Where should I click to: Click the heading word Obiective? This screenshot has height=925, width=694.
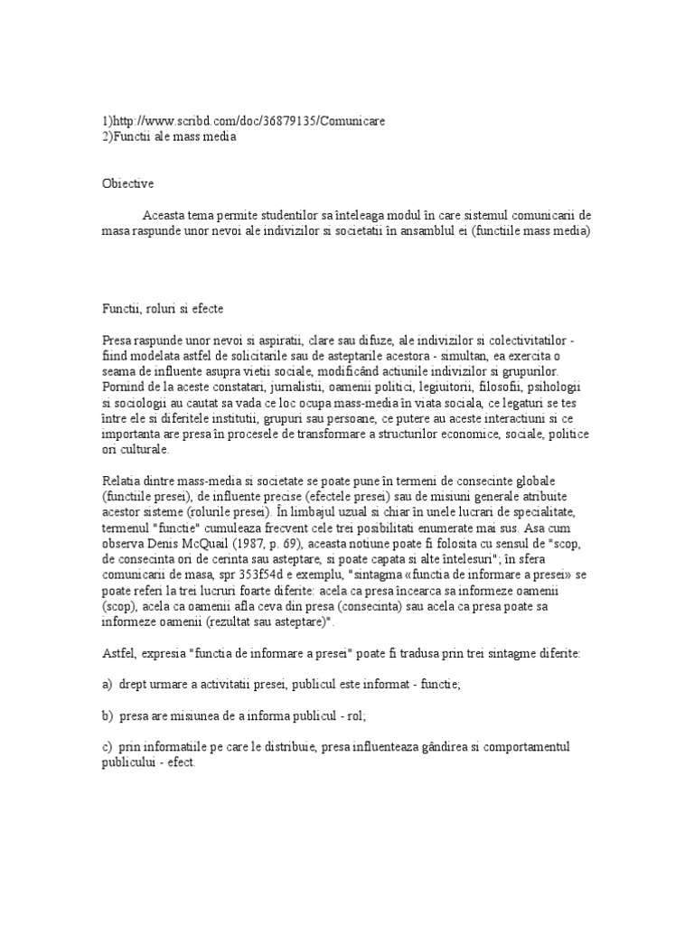click(127, 184)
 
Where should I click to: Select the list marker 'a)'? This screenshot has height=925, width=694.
click(108, 685)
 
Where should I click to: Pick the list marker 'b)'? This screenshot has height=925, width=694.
click(108, 716)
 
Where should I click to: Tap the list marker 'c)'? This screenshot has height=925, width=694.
click(108, 748)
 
